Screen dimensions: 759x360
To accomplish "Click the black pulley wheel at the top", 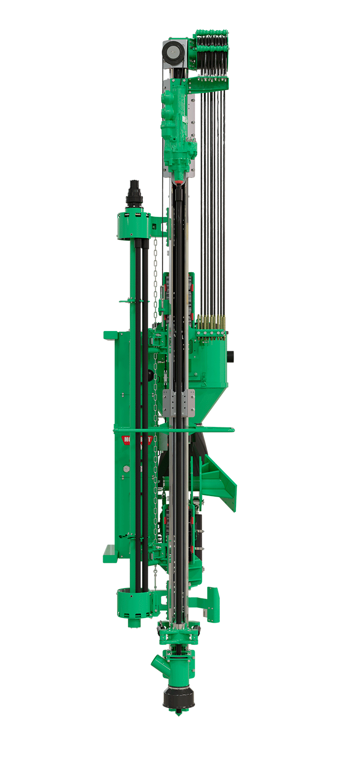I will coord(173,52).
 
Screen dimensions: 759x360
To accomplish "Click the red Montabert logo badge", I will coord(127,439).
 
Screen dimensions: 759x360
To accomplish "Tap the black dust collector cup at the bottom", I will coord(179,698).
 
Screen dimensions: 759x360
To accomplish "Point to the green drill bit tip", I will coord(179,714).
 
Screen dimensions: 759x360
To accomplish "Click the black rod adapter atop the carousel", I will coord(134,194).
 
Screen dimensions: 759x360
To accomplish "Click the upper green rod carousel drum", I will coord(134,225).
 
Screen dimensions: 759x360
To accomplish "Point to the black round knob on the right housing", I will coord(230,357).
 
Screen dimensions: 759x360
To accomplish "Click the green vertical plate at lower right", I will coord(213,604).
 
